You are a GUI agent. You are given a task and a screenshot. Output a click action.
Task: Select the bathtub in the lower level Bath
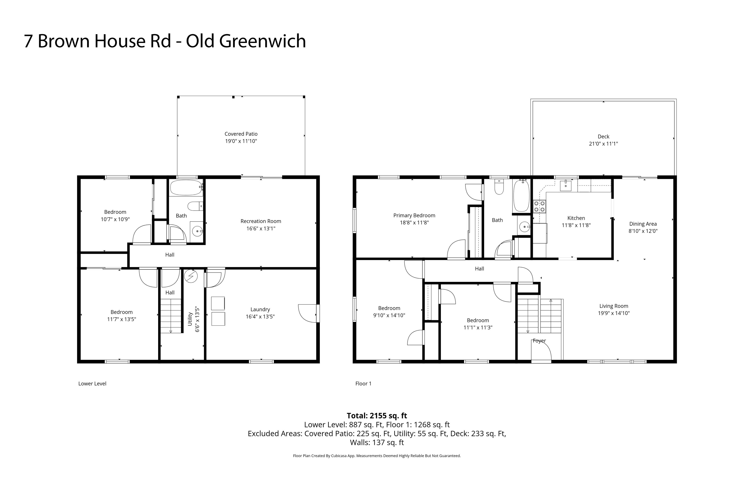click(x=186, y=188)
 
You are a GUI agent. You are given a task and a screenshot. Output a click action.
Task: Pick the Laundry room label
click(x=260, y=310)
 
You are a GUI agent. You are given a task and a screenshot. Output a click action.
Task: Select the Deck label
click(x=603, y=137)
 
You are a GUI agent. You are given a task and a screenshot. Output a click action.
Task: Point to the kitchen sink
click(x=565, y=186)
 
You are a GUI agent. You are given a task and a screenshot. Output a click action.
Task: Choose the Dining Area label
click(x=643, y=224)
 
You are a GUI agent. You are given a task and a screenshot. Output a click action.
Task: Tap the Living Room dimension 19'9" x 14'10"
click(x=614, y=313)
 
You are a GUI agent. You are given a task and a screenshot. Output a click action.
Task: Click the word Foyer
click(x=539, y=341)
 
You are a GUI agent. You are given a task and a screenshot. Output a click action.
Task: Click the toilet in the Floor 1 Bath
click(x=499, y=187)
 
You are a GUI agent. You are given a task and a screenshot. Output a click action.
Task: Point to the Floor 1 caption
click(x=363, y=384)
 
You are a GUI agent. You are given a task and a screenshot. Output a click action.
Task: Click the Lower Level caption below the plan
click(x=92, y=384)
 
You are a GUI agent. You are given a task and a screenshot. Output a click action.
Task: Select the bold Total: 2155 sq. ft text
click(x=377, y=416)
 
